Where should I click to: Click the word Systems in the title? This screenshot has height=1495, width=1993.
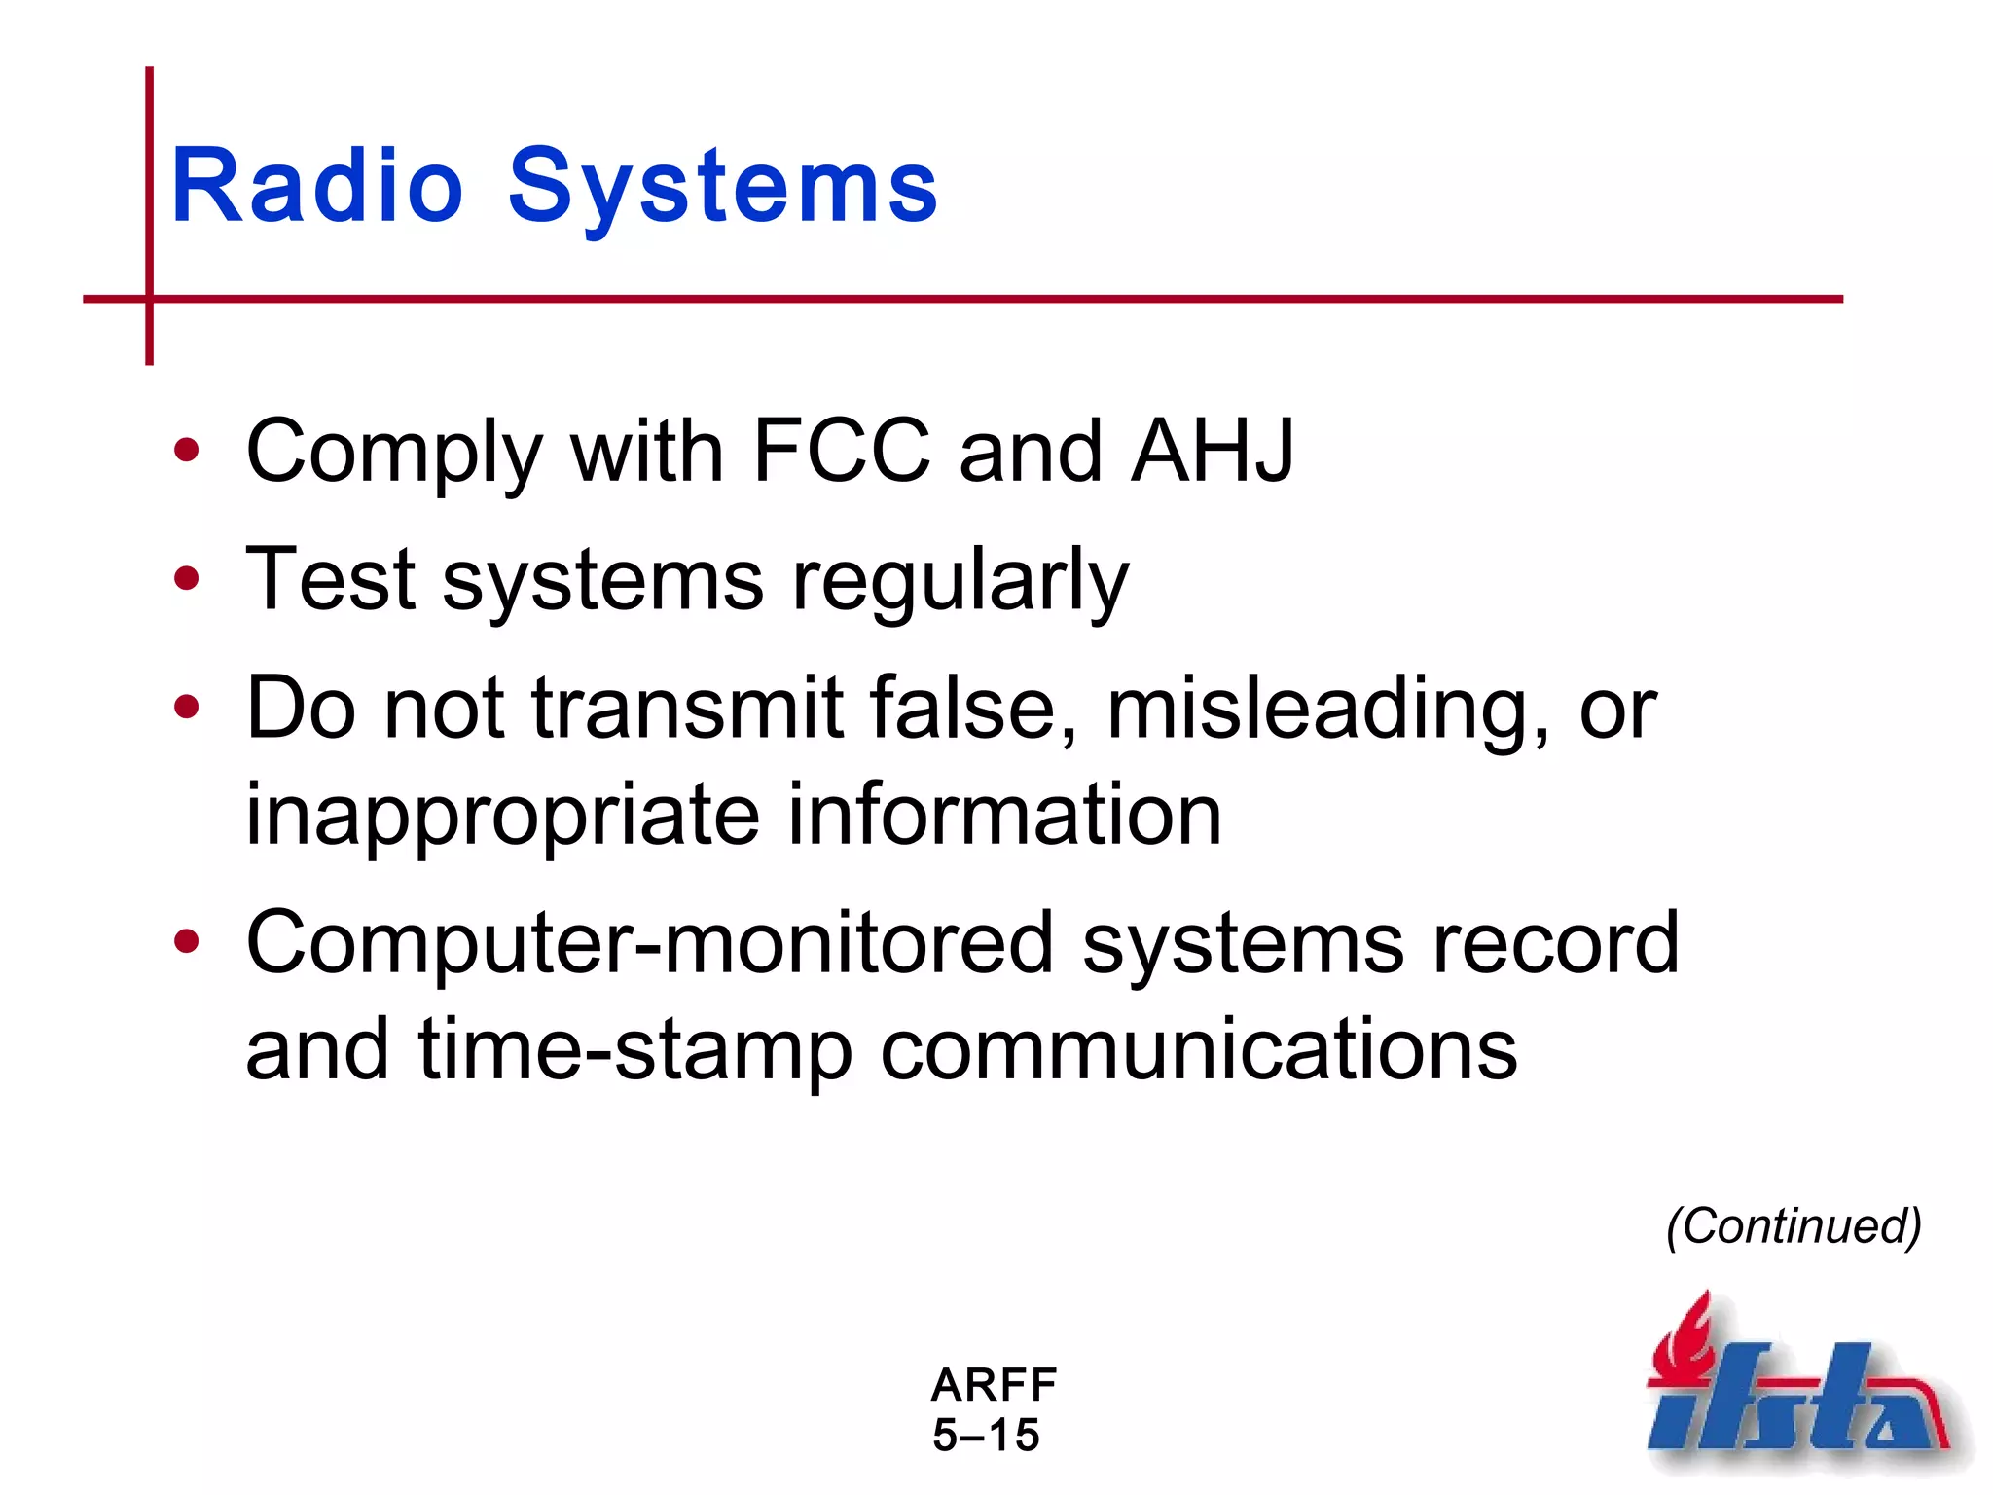[722, 187]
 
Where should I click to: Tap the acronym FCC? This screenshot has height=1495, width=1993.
[841, 451]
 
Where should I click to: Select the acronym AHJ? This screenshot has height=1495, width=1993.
[1212, 451]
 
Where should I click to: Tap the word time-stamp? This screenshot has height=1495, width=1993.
[635, 1049]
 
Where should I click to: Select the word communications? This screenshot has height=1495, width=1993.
[1198, 1049]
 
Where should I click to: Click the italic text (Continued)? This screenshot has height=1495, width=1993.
[1794, 1226]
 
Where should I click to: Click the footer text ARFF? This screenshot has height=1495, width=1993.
[994, 1385]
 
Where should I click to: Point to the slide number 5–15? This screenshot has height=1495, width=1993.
[986, 1436]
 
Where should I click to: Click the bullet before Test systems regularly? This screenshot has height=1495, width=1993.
[186, 579]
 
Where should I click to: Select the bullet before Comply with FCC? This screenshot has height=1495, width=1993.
[186, 451]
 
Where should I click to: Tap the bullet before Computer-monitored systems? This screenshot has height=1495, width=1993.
[186, 941]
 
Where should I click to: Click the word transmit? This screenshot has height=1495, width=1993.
[687, 709]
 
